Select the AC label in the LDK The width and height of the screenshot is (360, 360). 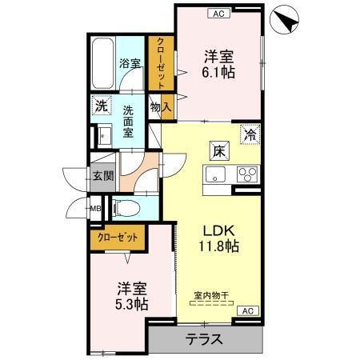click(247, 310)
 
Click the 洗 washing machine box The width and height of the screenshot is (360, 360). click(99, 105)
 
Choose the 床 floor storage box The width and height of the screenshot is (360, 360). click(218, 148)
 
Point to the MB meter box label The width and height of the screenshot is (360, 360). click(94, 210)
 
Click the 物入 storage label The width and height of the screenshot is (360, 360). click(160, 106)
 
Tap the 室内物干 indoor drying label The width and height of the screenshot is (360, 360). click(211, 295)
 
